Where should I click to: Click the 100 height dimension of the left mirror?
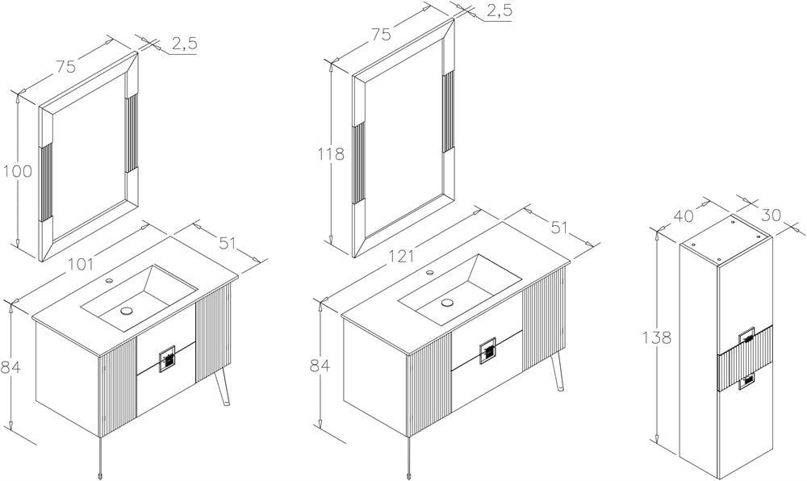click(18, 171)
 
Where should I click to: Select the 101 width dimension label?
click(82, 264)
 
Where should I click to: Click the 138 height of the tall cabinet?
click(657, 338)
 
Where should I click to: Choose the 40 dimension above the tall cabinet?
click(684, 215)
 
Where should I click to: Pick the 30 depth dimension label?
click(771, 215)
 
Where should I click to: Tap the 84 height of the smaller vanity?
click(10, 367)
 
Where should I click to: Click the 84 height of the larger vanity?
click(320, 366)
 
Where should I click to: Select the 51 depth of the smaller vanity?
click(227, 243)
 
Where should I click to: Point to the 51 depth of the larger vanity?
click(559, 227)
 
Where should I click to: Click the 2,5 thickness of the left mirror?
click(184, 44)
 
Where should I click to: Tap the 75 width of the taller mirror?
click(382, 35)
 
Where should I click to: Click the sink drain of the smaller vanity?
click(126, 310)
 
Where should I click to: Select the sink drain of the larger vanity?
click(448, 303)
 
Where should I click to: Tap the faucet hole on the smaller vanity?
click(109, 281)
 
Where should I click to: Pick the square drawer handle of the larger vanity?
click(488, 351)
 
